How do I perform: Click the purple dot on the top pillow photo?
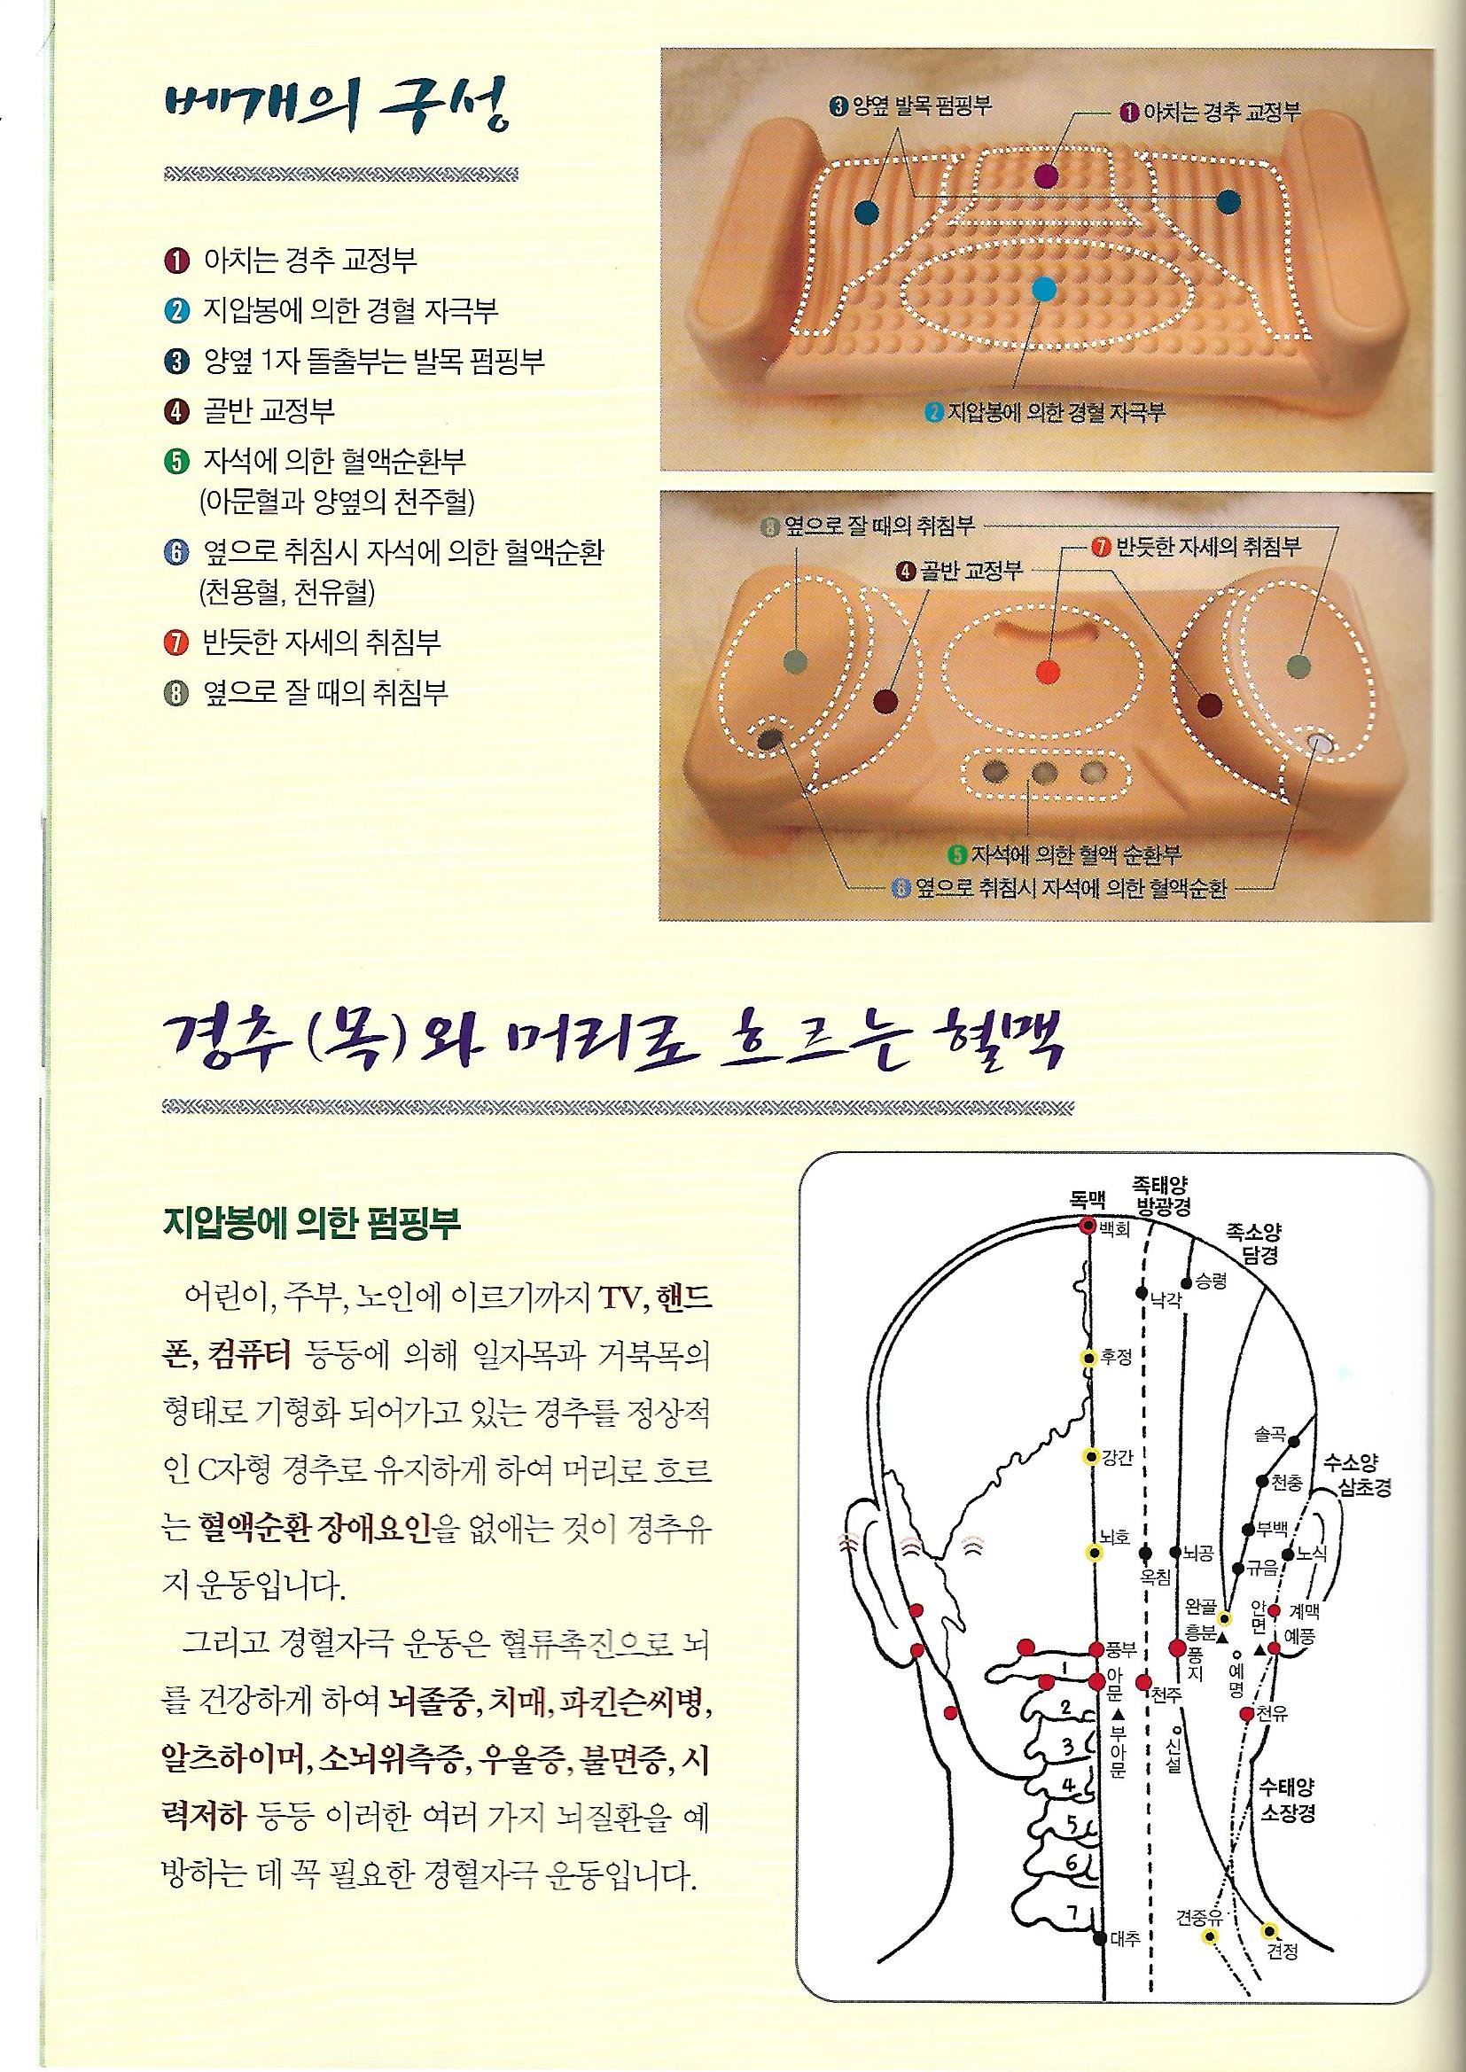[1045, 175]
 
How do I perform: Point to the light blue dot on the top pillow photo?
[1042, 290]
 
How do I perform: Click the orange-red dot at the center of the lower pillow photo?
[1046, 670]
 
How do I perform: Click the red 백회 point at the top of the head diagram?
[1087, 1226]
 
